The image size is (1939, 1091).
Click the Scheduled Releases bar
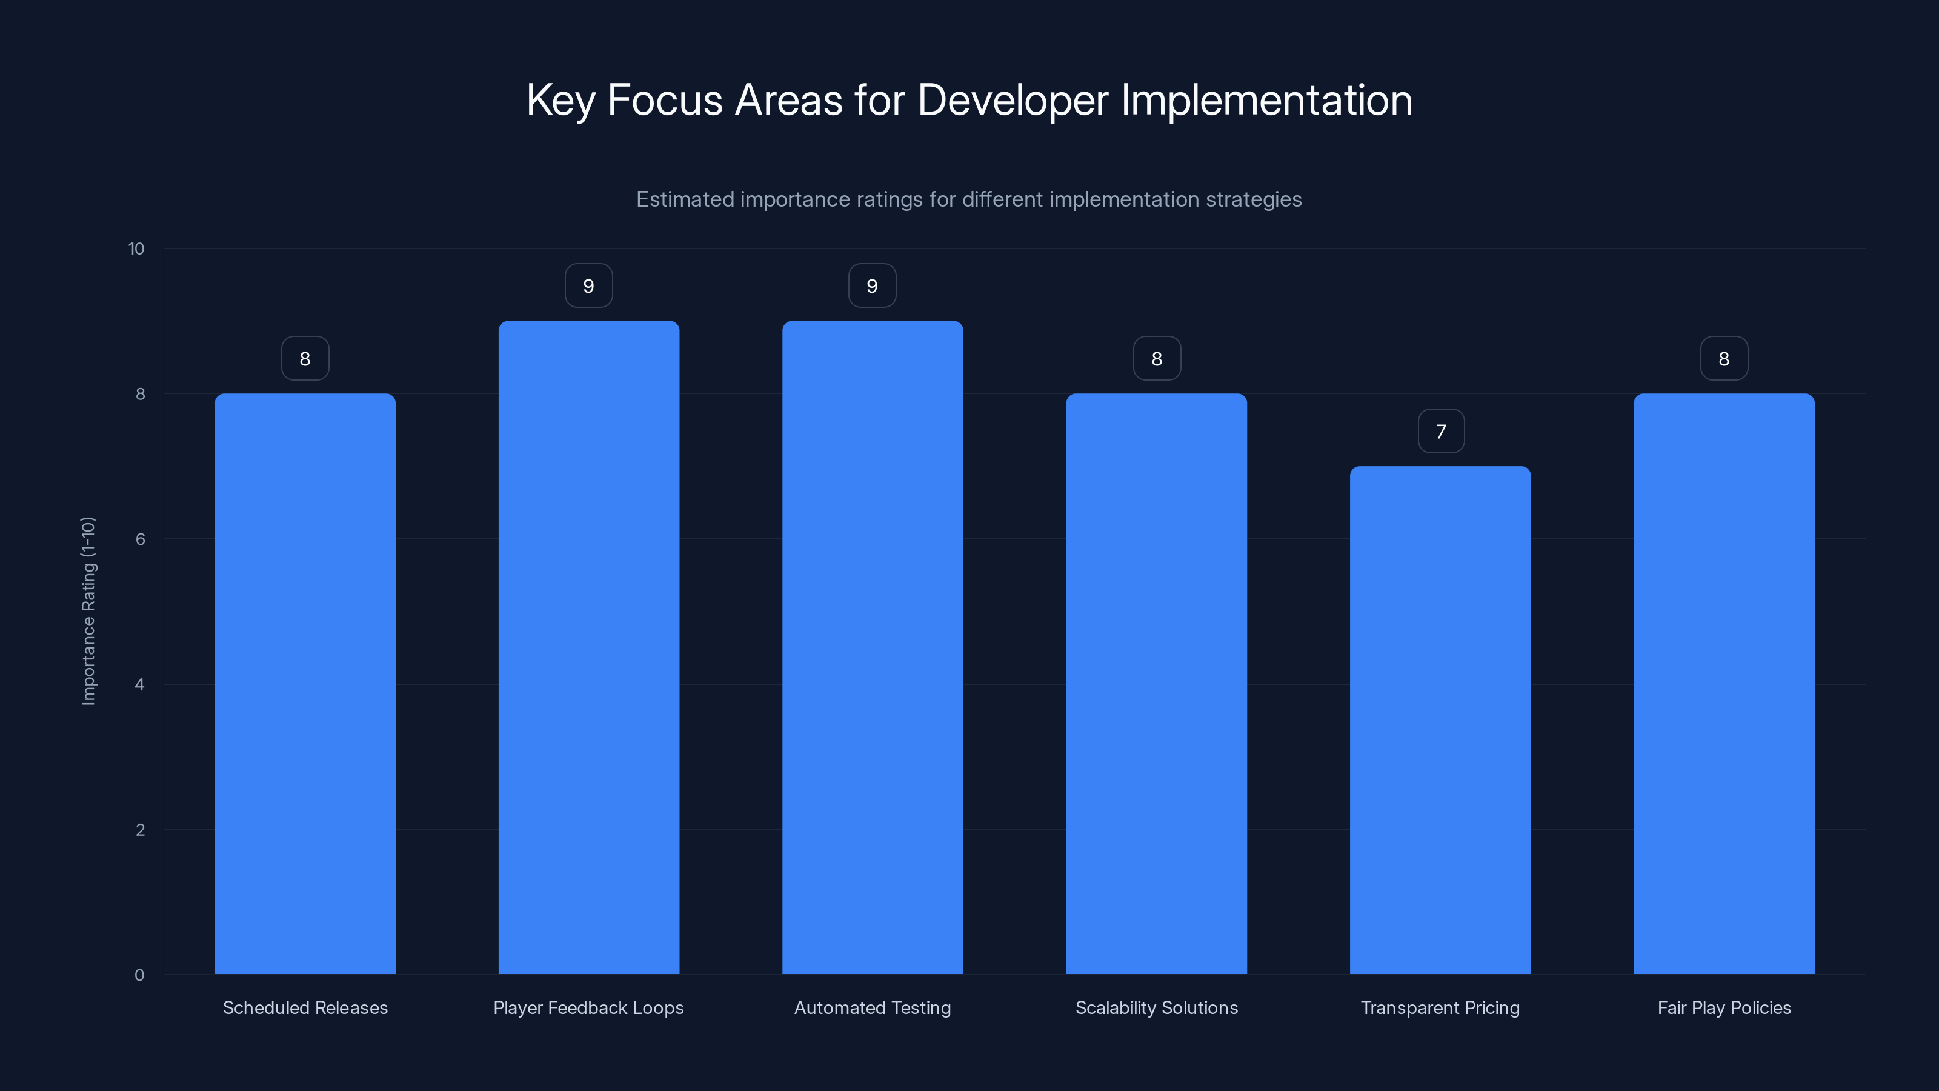[305, 684]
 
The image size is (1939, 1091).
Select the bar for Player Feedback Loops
[588, 647]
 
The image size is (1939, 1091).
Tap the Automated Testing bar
[873, 647]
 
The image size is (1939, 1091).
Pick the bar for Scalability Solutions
[1156, 684]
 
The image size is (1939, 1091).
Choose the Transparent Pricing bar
[1440, 720]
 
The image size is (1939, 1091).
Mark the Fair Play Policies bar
[1724, 684]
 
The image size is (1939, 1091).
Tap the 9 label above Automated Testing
[873, 286]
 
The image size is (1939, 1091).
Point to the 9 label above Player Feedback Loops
[588, 286]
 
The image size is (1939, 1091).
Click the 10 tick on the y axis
[136, 249]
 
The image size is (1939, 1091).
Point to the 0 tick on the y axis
[139, 975]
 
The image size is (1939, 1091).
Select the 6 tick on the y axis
[140, 539]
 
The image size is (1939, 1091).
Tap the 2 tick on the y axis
[140, 830]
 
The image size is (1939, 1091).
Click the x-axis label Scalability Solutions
[1156, 1007]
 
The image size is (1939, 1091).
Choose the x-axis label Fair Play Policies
[1724, 1007]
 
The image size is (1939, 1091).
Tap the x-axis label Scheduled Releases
[305, 1007]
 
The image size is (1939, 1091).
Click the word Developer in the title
[1013, 100]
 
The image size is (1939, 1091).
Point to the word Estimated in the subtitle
[684, 199]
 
